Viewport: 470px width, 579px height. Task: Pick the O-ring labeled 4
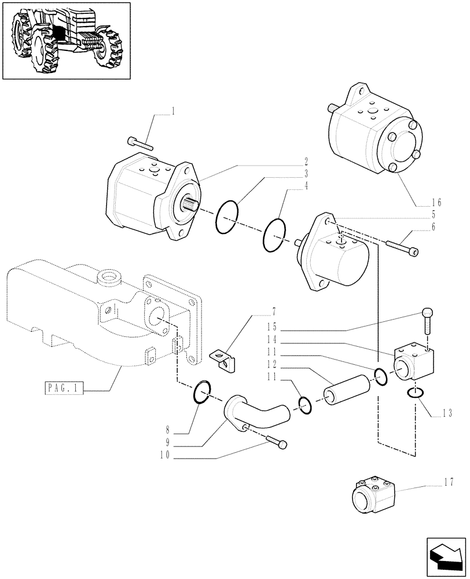pyautogui.click(x=274, y=235)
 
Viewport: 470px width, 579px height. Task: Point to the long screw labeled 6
pyautogui.click(x=399, y=248)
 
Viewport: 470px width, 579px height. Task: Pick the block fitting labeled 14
pyautogui.click(x=413, y=363)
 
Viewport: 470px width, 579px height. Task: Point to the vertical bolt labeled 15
pyautogui.click(x=426, y=320)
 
